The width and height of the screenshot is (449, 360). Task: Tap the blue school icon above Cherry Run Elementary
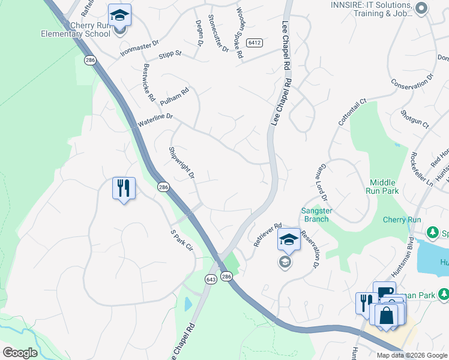(119, 15)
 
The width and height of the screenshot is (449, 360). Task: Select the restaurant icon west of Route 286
(124, 188)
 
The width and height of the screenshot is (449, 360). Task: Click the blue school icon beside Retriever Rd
(288, 239)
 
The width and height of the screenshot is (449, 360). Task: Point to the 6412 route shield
(255, 43)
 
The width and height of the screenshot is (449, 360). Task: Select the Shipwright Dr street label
(182, 163)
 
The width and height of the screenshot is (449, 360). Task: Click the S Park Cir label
(181, 239)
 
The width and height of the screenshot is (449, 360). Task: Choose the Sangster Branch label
(315, 214)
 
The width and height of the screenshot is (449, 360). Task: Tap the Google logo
(19, 353)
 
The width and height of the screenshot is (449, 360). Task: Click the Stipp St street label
(170, 55)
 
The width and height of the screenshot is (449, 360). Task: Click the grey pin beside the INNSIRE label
(421, 8)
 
